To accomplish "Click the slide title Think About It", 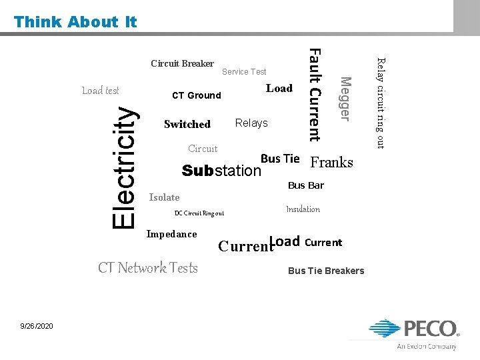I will click(x=75, y=21).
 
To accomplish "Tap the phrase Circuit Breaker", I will click(x=182, y=64).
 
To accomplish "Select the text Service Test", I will click(x=244, y=71).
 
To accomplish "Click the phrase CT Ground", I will click(x=196, y=95).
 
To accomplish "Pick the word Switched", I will click(x=187, y=124).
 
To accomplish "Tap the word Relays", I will click(x=251, y=123).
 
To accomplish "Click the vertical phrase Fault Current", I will click(x=316, y=95).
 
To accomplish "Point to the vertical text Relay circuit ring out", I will click(x=381, y=103).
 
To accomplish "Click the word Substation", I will click(x=222, y=171).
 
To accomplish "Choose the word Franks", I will click(x=332, y=163).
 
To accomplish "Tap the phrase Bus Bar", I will click(x=305, y=185).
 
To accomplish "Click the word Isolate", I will click(x=164, y=197).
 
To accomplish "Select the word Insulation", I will click(x=303, y=209).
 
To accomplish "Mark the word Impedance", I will click(x=171, y=234).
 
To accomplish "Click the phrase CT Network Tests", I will click(x=148, y=267).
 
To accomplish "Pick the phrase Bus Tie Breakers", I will click(x=326, y=270).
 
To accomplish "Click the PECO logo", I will click(x=414, y=332).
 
